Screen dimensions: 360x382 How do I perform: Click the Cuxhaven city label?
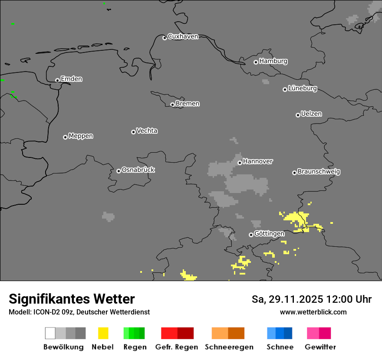(x=183, y=36)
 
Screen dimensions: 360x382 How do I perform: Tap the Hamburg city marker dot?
(x=256, y=62)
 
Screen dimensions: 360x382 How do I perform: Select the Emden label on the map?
(x=71, y=79)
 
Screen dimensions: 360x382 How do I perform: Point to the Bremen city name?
(x=188, y=104)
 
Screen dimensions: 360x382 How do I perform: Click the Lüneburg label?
(x=303, y=88)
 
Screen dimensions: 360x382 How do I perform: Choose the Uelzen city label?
(x=311, y=114)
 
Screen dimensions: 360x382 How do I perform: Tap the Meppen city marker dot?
(x=65, y=137)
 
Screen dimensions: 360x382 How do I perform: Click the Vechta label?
(x=147, y=131)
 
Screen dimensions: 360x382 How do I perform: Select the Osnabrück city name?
(x=138, y=170)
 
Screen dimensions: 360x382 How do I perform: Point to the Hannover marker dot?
(x=240, y=163)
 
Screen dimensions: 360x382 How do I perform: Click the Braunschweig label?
(x=319, y=171)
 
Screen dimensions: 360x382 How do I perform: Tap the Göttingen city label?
(x=269, y=233)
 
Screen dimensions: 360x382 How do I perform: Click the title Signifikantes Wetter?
(x=72, y=299)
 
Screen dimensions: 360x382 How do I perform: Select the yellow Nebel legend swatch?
(x=103, y=333)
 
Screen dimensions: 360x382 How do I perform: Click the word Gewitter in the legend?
(x=320, y=347)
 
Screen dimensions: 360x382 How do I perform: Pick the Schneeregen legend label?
(x=229, y=347)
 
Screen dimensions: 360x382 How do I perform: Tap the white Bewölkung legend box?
(x=50, y=333)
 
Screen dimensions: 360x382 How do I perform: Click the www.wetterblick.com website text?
(x=313, y=312)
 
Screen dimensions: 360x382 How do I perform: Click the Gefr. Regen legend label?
(x=177, y=347)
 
